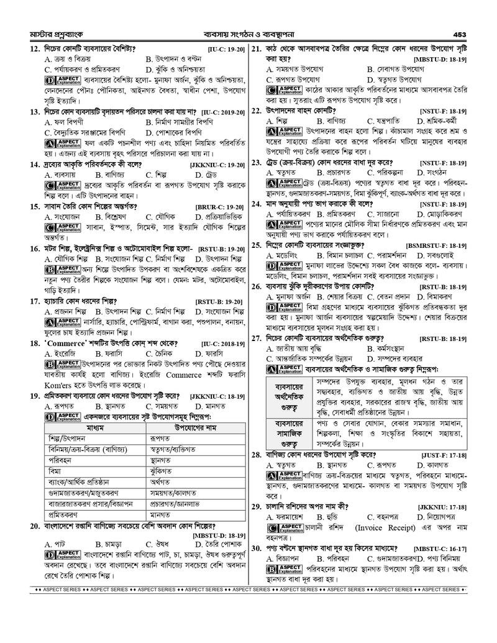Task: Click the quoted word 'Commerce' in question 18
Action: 68,343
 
